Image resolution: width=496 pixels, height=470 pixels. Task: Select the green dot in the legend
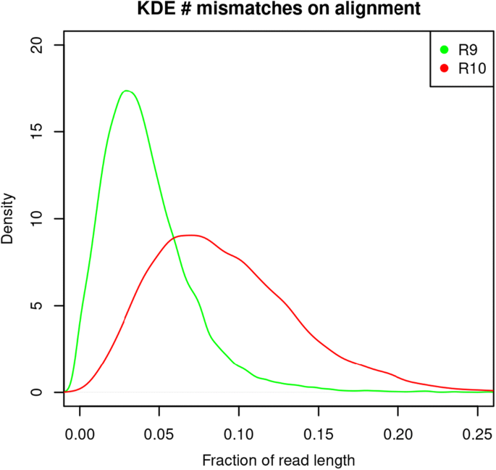coord(444,50)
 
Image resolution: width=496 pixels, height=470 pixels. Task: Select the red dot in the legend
coord(444,69)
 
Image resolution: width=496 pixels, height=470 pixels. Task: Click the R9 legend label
coord(465,50)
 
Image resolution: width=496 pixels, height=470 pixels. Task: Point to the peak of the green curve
coord(127,91)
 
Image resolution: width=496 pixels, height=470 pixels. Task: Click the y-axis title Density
coord(8,218)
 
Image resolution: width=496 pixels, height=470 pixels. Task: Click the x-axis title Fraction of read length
coord(279,460)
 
